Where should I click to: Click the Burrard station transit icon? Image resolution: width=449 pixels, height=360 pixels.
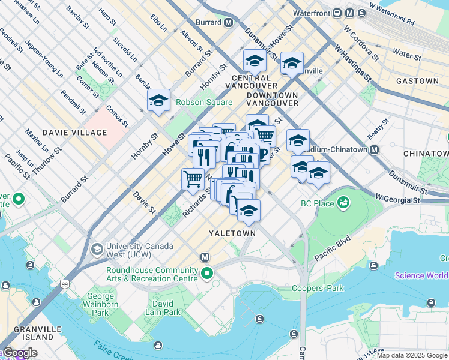(228, 23)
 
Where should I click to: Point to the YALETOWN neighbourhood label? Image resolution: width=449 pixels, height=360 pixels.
(232, 233)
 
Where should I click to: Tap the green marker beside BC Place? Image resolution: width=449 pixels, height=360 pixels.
(343, 203)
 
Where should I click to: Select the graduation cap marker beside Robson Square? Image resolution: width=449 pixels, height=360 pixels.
(159, 101)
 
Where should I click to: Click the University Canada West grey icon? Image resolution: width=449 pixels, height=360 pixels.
(96, 248)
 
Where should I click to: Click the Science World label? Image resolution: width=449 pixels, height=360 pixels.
(421, 275)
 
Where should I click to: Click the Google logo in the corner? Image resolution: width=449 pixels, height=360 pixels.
(19, 353)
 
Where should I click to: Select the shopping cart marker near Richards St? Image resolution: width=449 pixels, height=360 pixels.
(193, 179)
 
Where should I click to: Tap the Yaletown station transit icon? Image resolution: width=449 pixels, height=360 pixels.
(205, 257)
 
